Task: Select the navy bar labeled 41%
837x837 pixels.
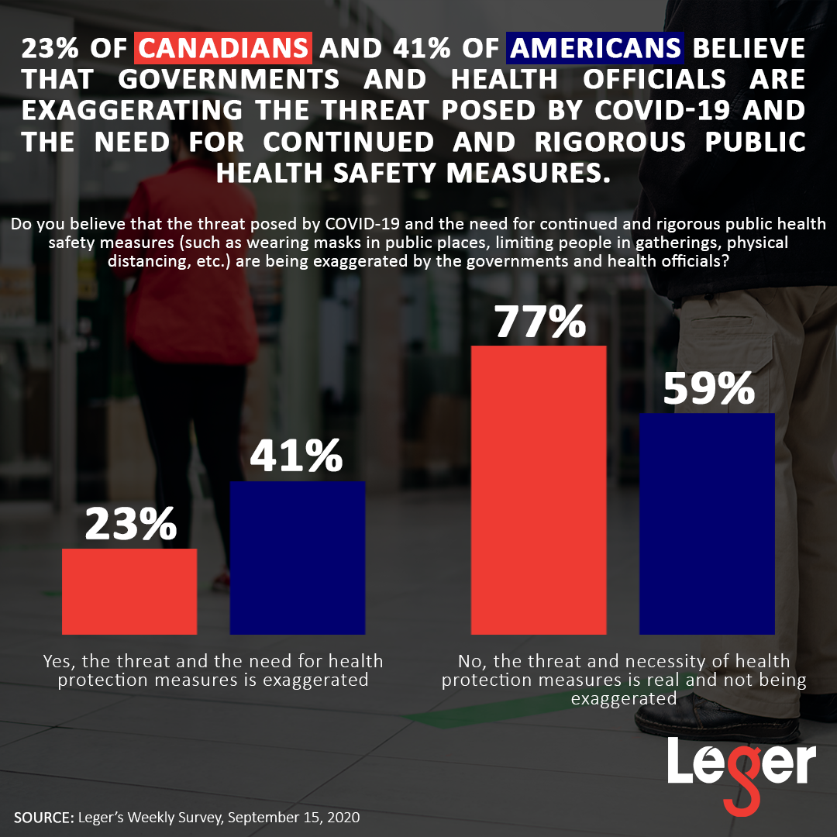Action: coord(298,556)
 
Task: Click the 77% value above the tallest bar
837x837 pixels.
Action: coord(540,322)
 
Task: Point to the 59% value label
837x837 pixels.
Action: coord(708,389)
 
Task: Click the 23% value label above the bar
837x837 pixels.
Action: coord(130,525)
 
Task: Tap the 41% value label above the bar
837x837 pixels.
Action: coord(296,456)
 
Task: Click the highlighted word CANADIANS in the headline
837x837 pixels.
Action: coord(224,49)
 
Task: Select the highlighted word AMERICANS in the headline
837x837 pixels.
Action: coord(595,49)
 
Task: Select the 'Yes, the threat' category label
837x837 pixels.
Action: coord(213,670)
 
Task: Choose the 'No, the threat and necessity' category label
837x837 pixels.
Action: coord(624,680)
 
